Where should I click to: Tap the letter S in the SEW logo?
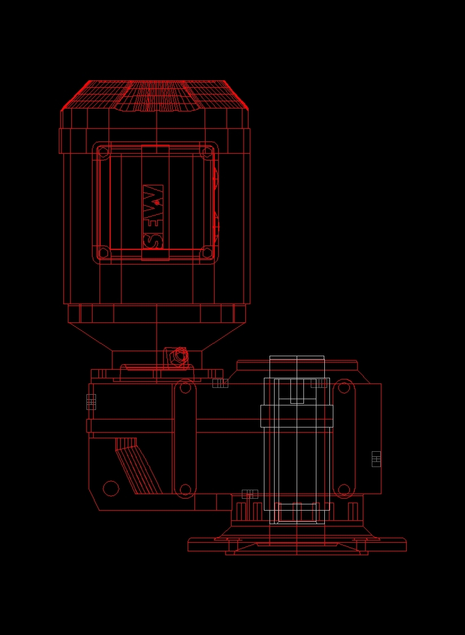153,240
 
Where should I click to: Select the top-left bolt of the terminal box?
103,152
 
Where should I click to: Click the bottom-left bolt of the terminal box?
103,252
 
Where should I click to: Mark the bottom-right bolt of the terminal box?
207,252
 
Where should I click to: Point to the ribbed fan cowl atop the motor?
155,95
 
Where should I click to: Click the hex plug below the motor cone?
180,356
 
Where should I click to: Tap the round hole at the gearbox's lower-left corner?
111,488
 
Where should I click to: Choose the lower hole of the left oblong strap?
185,490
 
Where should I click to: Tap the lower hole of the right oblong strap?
344,490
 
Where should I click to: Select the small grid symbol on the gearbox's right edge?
376,459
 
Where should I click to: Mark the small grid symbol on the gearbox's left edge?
91,401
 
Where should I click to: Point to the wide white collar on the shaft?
297,416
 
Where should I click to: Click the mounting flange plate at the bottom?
297,545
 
